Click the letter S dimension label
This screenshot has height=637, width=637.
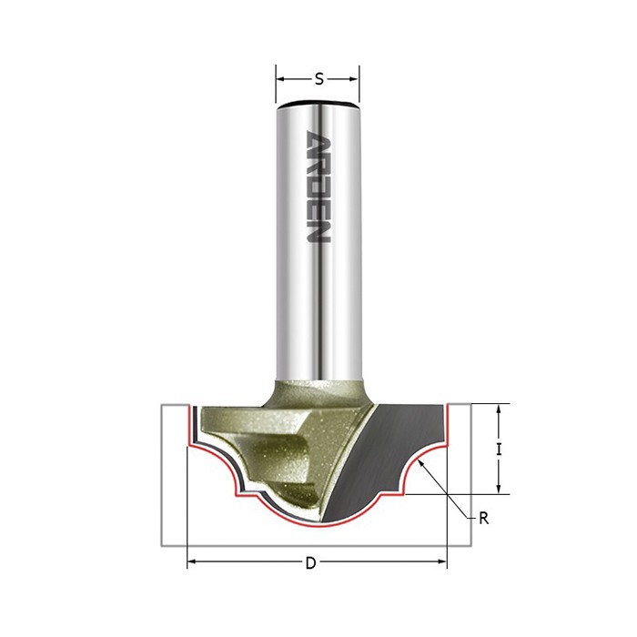pos(319,79)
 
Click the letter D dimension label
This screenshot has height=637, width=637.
pos(311,563)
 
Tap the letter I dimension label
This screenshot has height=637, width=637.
pos(500,450)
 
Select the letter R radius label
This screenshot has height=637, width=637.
pos(483,519)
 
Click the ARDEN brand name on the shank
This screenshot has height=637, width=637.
pos(318,187)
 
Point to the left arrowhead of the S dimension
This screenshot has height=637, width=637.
pos(281,79)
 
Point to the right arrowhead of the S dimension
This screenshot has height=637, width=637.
pos(354,79)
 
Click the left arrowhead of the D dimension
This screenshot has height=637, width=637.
pos(193,561)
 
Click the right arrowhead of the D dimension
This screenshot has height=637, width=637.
pos(441,561)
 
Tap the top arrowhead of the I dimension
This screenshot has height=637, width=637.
pos(500,409)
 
